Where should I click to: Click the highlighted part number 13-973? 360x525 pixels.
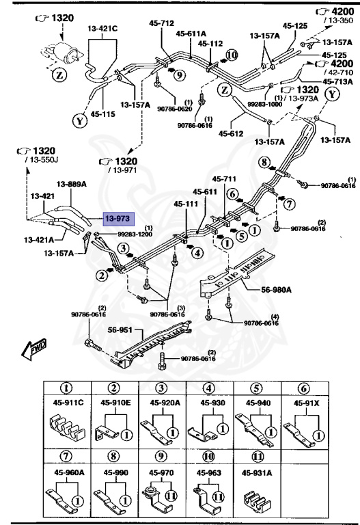pos(118,219)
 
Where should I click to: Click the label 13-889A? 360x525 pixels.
pos(71,184)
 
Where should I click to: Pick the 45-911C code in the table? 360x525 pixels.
pos(68,403)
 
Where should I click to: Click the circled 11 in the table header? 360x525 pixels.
pos(257,456)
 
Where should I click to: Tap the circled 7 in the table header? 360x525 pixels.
pos(68,456)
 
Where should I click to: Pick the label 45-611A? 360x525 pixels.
pos(191,32)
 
